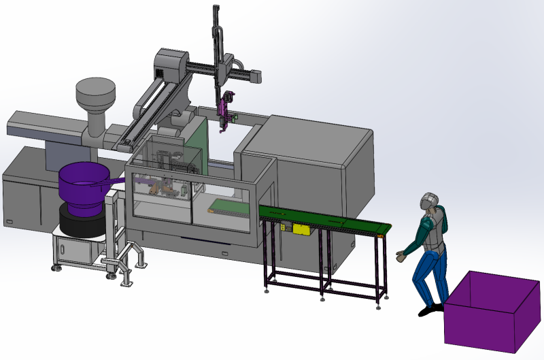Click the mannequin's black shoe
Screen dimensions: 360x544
430,310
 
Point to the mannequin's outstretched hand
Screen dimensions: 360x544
401,257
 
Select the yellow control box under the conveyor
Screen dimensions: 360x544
301,229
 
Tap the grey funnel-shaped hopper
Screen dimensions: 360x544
95,99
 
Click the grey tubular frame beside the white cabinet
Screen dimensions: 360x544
129,262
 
